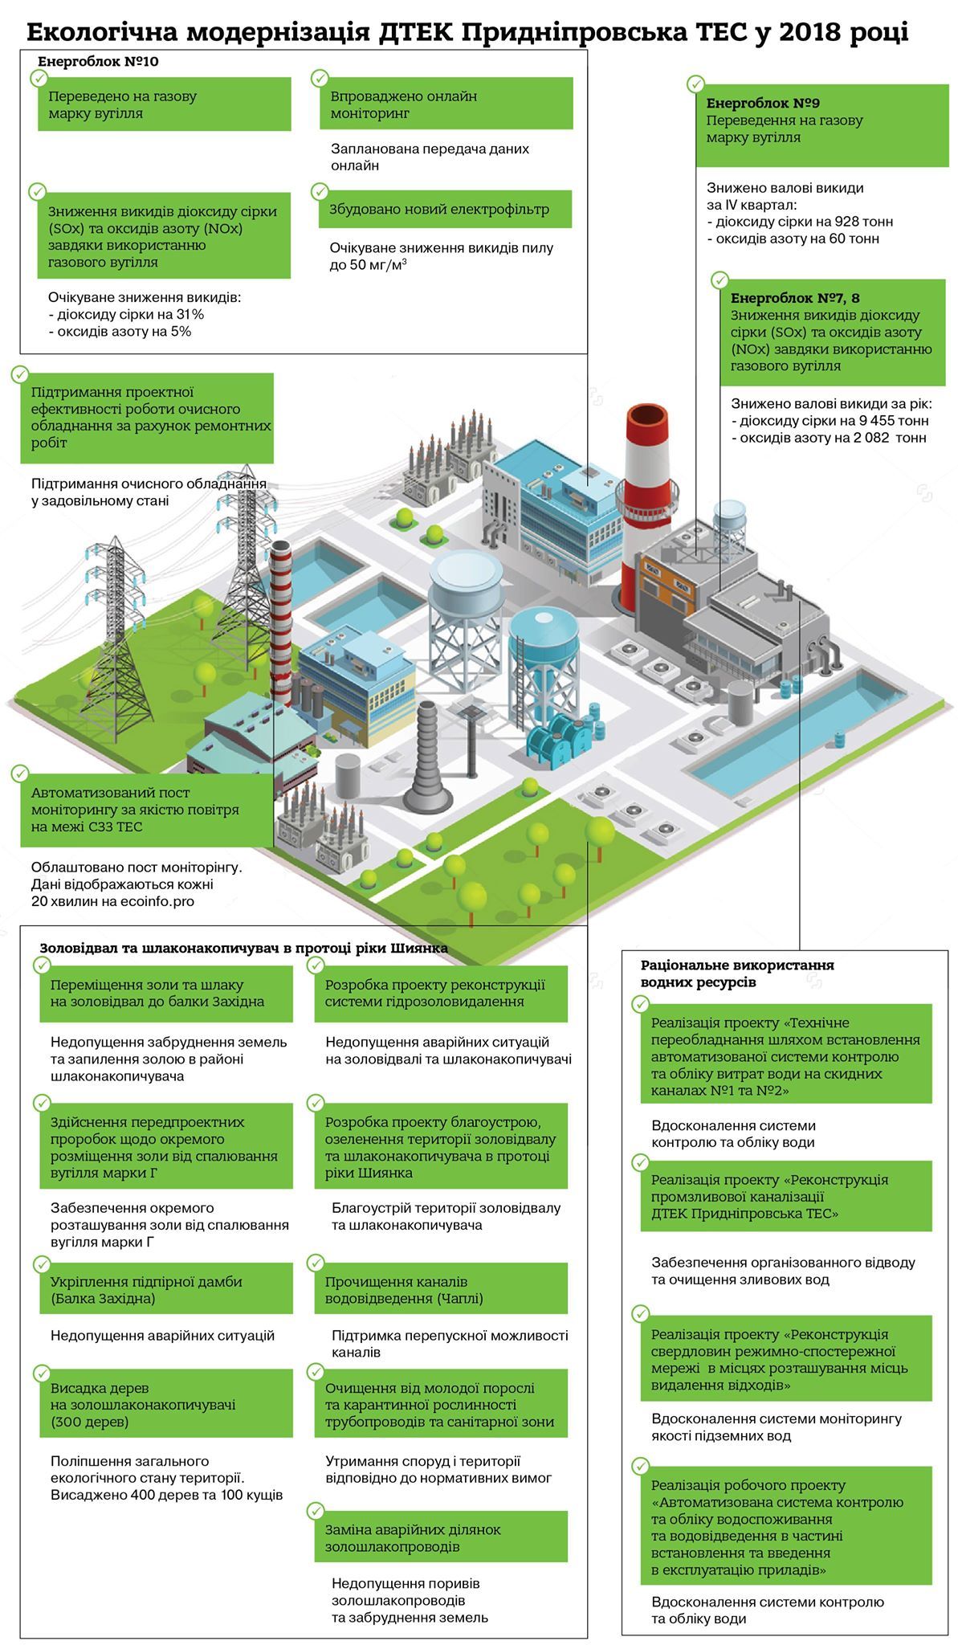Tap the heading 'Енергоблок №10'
[x=97, y=62]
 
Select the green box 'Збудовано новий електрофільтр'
[x=440, y=209]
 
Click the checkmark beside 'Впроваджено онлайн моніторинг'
[x=320, y=78]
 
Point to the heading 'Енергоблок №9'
[x=763, y=104]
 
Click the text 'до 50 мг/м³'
[x=368, y=264]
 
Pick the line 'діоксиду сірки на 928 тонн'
[x=804, y=222]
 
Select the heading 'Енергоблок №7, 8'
[x=795, y=298]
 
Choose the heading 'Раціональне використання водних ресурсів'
[x=737, y=973]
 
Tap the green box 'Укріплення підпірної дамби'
[x=166, y=1289]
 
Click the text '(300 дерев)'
[x=89, y=1422]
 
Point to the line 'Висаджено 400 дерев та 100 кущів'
[x=167, y=1495]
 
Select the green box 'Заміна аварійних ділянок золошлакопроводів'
[x=440, y=1537]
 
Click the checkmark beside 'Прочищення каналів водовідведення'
[x=316, y=1263]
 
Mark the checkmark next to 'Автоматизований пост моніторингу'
[x=20, y=773]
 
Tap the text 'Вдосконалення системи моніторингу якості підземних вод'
[x=777, y=1427]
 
